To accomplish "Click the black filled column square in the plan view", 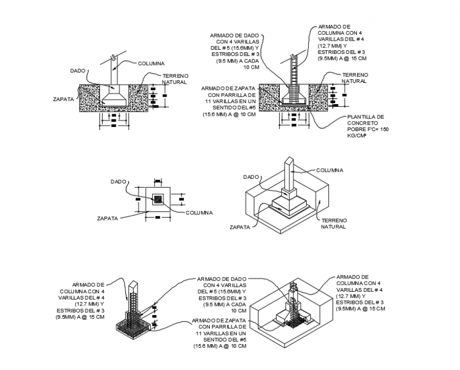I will [158, 200].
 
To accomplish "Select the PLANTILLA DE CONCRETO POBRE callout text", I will [365, 123].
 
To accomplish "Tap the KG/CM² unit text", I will [357, 136].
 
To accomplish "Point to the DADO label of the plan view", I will [118, 181].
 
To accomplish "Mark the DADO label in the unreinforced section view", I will [78, 70].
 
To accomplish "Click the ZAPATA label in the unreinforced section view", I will [63, 98].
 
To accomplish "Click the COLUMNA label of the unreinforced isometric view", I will [329, 170].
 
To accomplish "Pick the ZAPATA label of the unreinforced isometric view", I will [240, 227].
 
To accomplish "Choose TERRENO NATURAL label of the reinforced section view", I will [354, 78].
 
